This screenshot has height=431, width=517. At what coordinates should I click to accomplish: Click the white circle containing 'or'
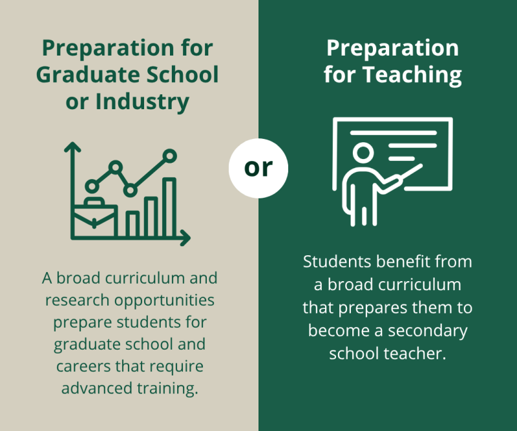tap(258, 168)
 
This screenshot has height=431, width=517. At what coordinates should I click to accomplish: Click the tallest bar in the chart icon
tap(169, 207)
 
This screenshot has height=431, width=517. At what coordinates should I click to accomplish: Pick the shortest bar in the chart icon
tap(132, 224)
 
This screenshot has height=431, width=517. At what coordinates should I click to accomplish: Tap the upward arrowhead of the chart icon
tap(72, 147)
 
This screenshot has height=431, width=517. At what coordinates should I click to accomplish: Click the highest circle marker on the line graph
tap(170, 155)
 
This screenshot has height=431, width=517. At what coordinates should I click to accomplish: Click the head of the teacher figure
tap(363, 154)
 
